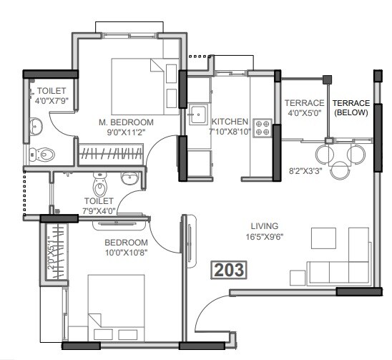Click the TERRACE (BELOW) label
click(x=351, y=107)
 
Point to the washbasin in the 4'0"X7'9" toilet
click(x=35, y=127)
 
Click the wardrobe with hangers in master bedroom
click(x=111, y=152)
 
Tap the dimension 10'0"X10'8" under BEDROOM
click(x=126, y=253)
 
